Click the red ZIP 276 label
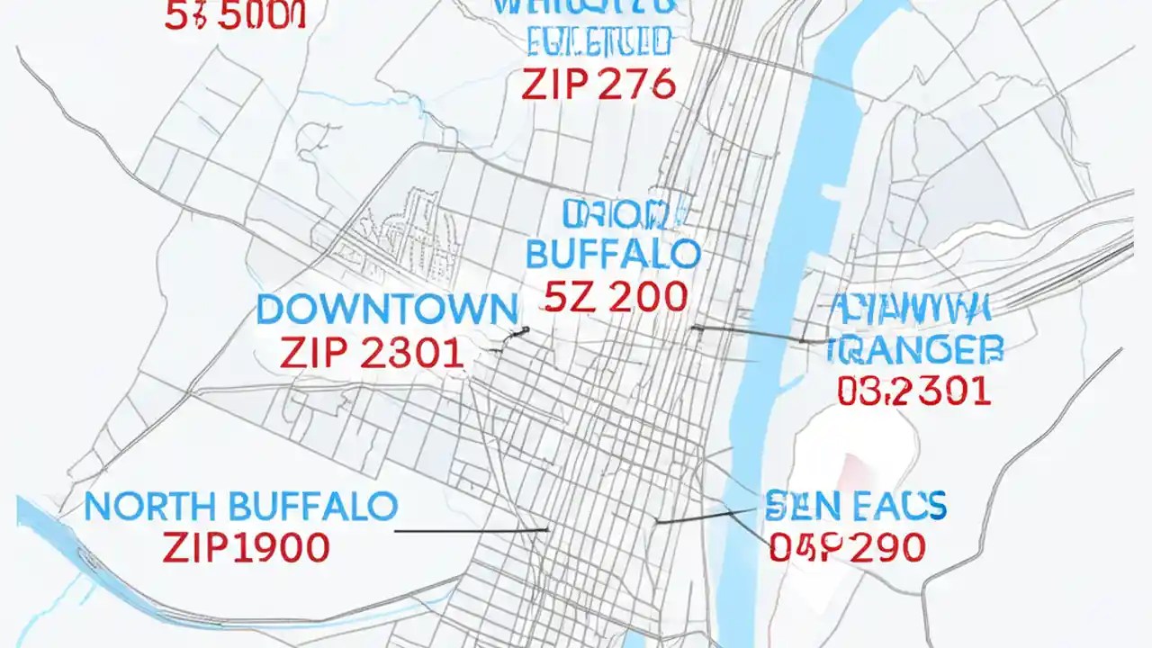click(x=598, y=84)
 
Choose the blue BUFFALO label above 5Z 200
click(x=612, y=255)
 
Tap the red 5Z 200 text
click(x=616, y=297)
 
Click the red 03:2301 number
click(x=913, y=391)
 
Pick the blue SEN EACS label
click(x=855, y=506)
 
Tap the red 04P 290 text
click(x=847, y=547)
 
